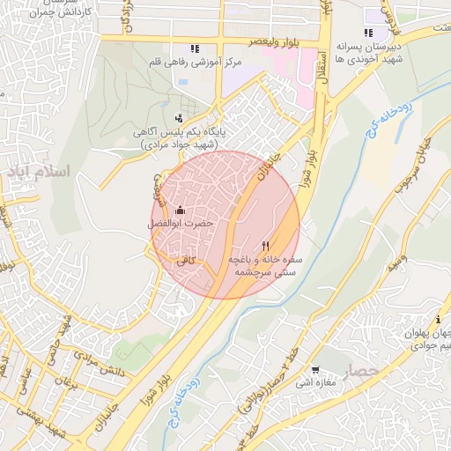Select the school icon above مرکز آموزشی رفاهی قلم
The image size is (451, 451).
click(194, 48)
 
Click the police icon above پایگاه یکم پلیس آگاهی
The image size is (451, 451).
click(180, 117)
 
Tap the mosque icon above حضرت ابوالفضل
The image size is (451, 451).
click(181, 211)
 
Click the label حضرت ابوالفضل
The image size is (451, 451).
click(181, 225)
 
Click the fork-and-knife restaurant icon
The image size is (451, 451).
click(266, 246)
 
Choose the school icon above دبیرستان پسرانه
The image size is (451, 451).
click(368, 33)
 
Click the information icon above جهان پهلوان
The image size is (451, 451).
click(438, 320)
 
